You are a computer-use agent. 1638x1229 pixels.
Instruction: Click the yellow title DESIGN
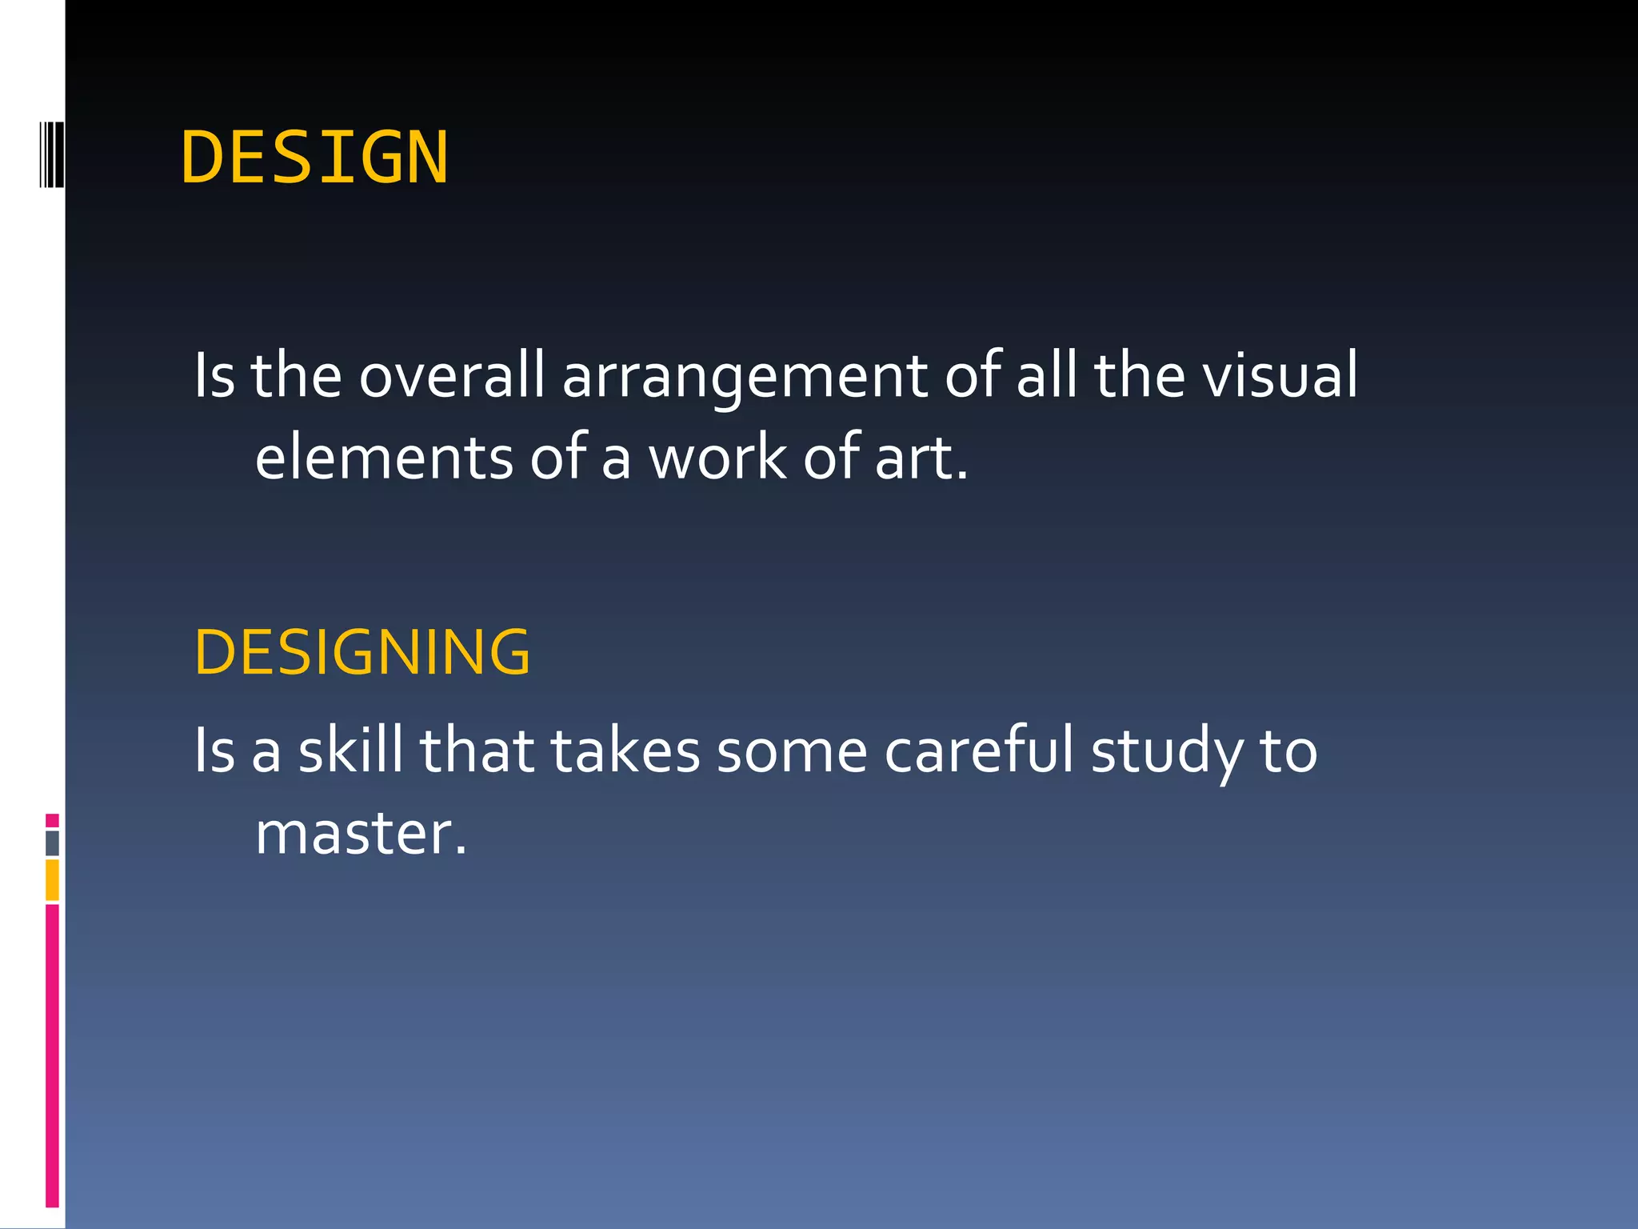pyautogui.click(x=314, y=158)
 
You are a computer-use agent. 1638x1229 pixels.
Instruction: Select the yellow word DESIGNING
pyautogui.click(x=362, y=652)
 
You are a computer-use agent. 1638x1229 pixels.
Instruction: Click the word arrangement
pyautogui.click(x=744, y=376)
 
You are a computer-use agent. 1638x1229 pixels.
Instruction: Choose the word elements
pyautogui.click(x=384, y=457)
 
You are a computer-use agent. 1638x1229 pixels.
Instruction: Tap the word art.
pyautogui.click(x=920, y=458)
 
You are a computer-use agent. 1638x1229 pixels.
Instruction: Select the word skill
pyautogui.click(x=350, y=750)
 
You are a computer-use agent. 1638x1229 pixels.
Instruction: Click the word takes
pyautogui.click(x=625, y=750)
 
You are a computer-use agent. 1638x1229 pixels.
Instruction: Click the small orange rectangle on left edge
pyautogui.click(x=52, y=879)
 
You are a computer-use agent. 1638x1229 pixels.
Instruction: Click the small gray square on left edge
pyautogui.click(x=52, y=843)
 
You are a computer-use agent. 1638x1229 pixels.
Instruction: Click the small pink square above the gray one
pyautogui.click(x=52, y=820)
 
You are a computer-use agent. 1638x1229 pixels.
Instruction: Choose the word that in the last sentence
pyautogui.click(x=477, y=750)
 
